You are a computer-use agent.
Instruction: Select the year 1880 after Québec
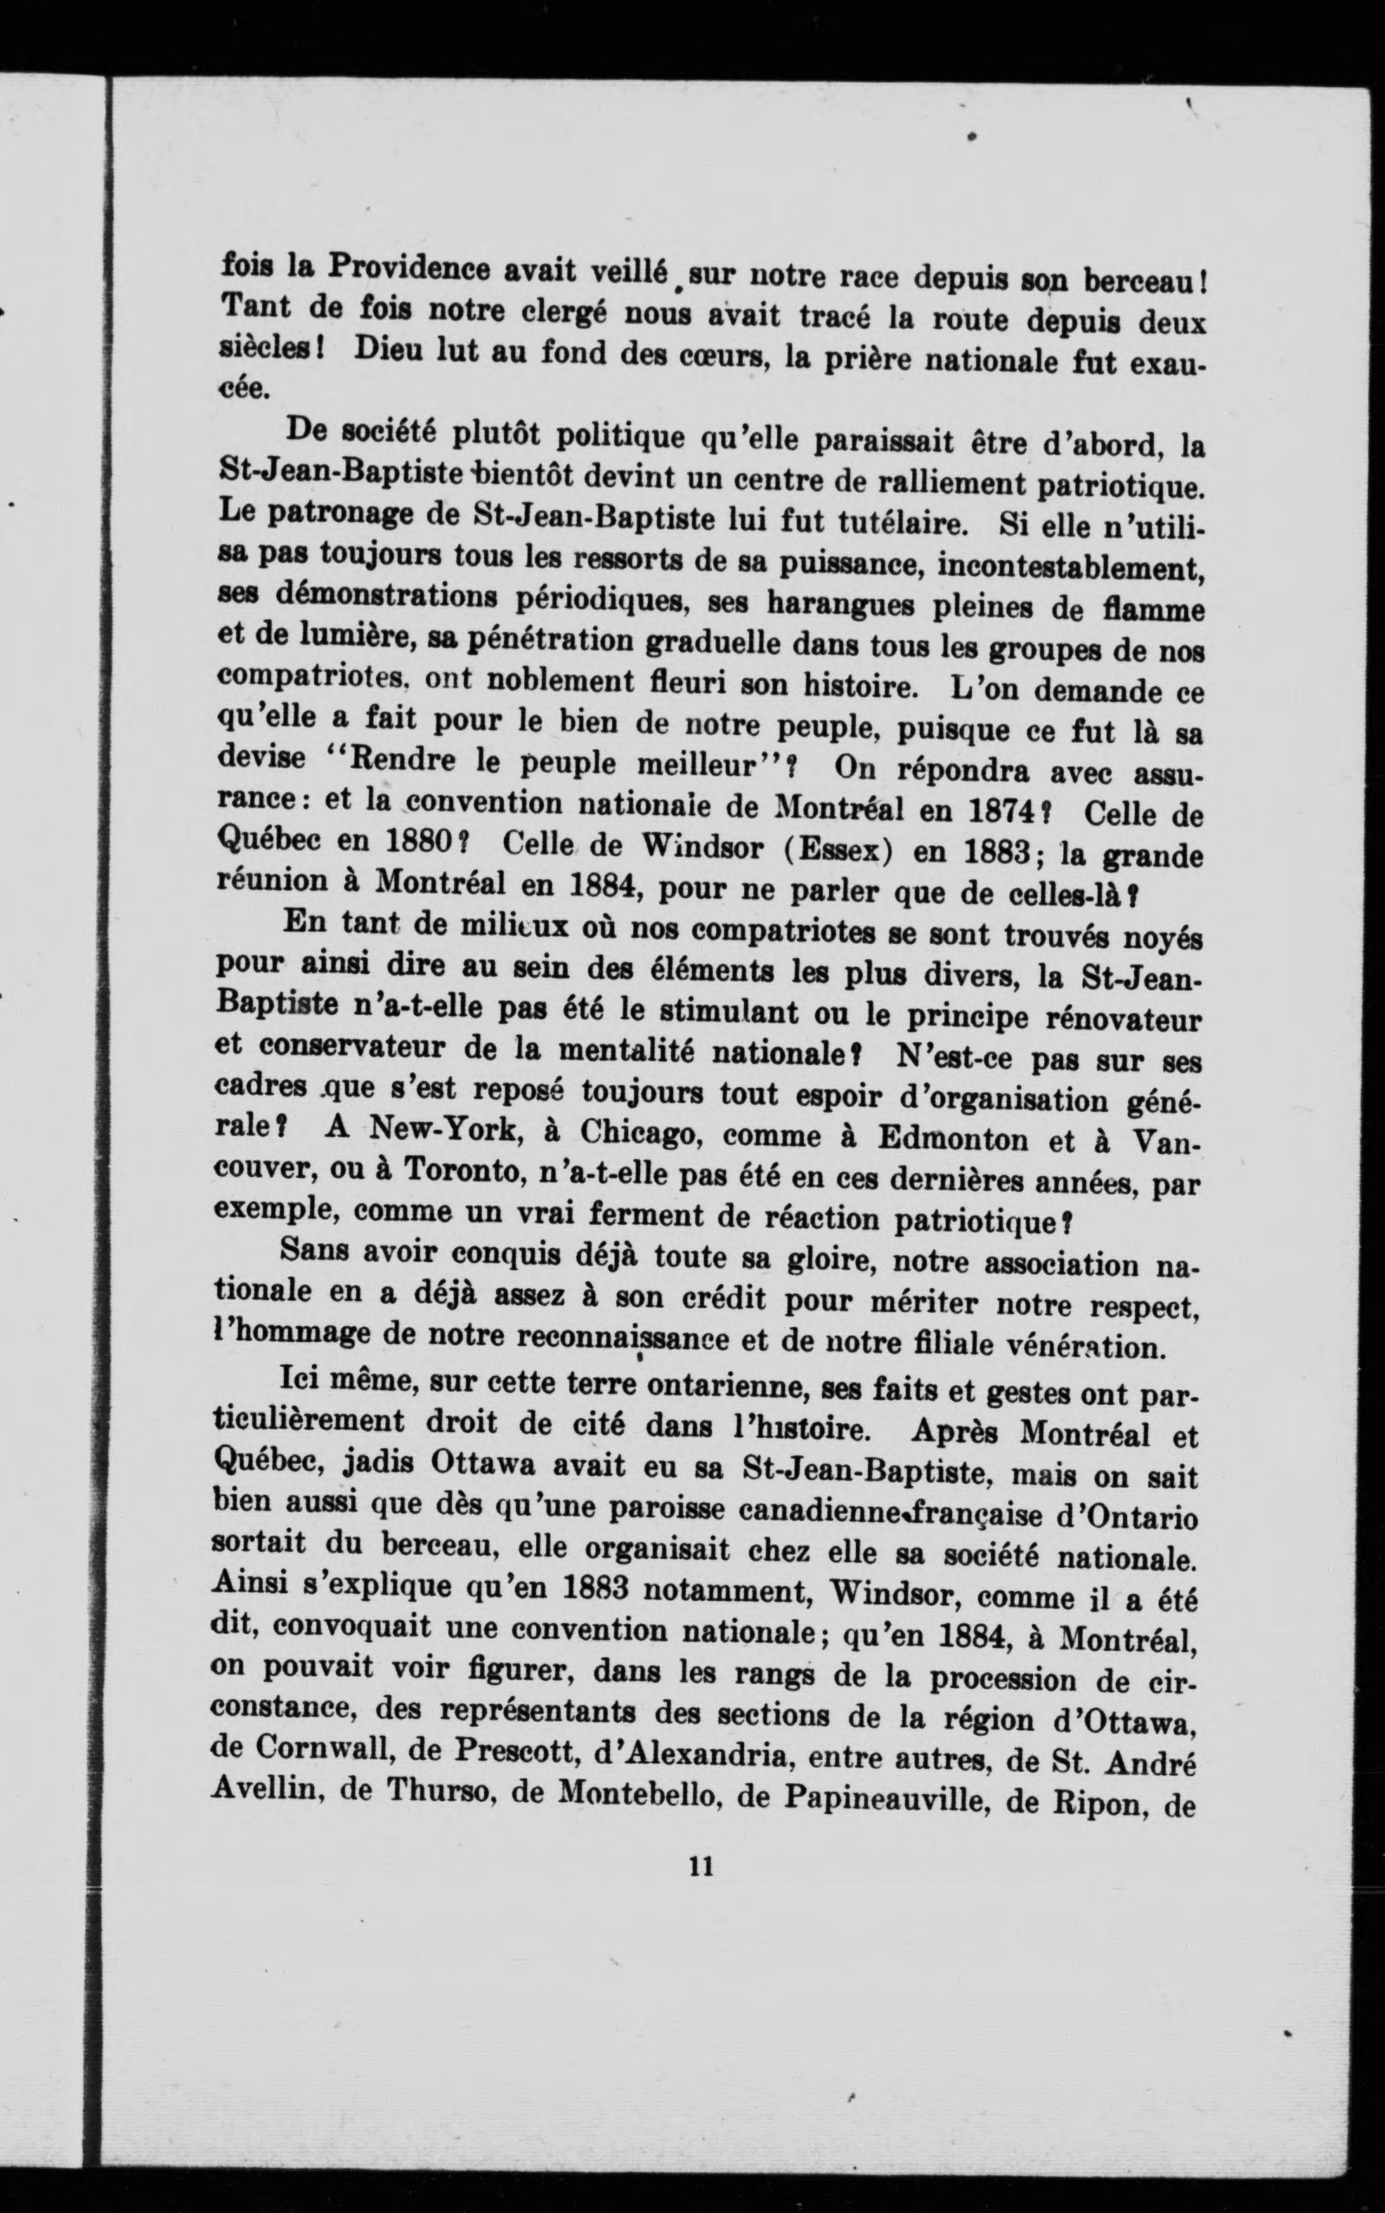coord(408,843)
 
